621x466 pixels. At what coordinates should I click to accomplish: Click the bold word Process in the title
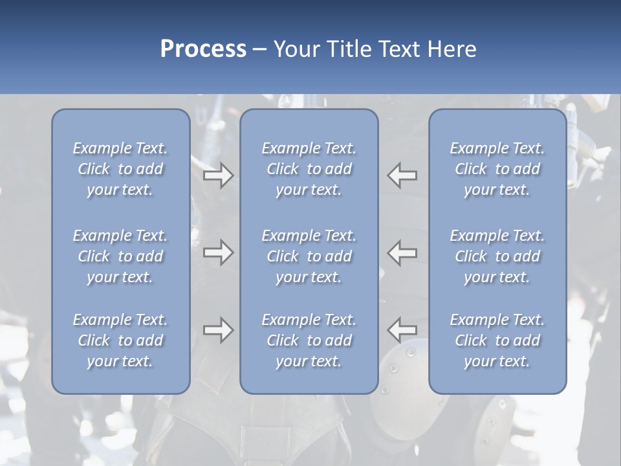tap(203, 49)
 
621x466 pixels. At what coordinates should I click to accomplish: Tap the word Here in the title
tap(453, 49)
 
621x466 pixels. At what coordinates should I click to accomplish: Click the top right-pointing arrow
tap(218, 175)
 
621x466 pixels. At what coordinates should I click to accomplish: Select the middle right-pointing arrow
tap(218, 252)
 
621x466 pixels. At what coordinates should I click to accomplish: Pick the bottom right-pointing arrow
tap(218, 330)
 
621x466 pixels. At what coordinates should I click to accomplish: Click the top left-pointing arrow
tap(402, 175)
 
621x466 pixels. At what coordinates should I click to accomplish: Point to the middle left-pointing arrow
tap(402, 252)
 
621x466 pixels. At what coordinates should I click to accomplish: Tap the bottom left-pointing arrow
tap(402, 330)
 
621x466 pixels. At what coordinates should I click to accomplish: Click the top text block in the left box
tap(120, 169)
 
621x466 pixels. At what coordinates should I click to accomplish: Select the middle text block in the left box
tap(120, 256)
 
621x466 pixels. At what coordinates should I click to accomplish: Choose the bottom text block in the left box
tap(120, 340)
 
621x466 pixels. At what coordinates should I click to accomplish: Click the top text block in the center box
tap(309, 169)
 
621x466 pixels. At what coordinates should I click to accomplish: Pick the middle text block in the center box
tap(309, 256)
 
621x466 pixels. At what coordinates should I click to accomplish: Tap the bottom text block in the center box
tap(309, 340)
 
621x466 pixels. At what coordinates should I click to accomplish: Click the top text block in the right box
tap(497, 169)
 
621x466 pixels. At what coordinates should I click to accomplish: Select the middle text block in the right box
tap(497, 256)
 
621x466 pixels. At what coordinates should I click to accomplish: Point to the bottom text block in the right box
tap(497, 340)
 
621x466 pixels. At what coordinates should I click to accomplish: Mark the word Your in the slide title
tap(295, 49)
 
